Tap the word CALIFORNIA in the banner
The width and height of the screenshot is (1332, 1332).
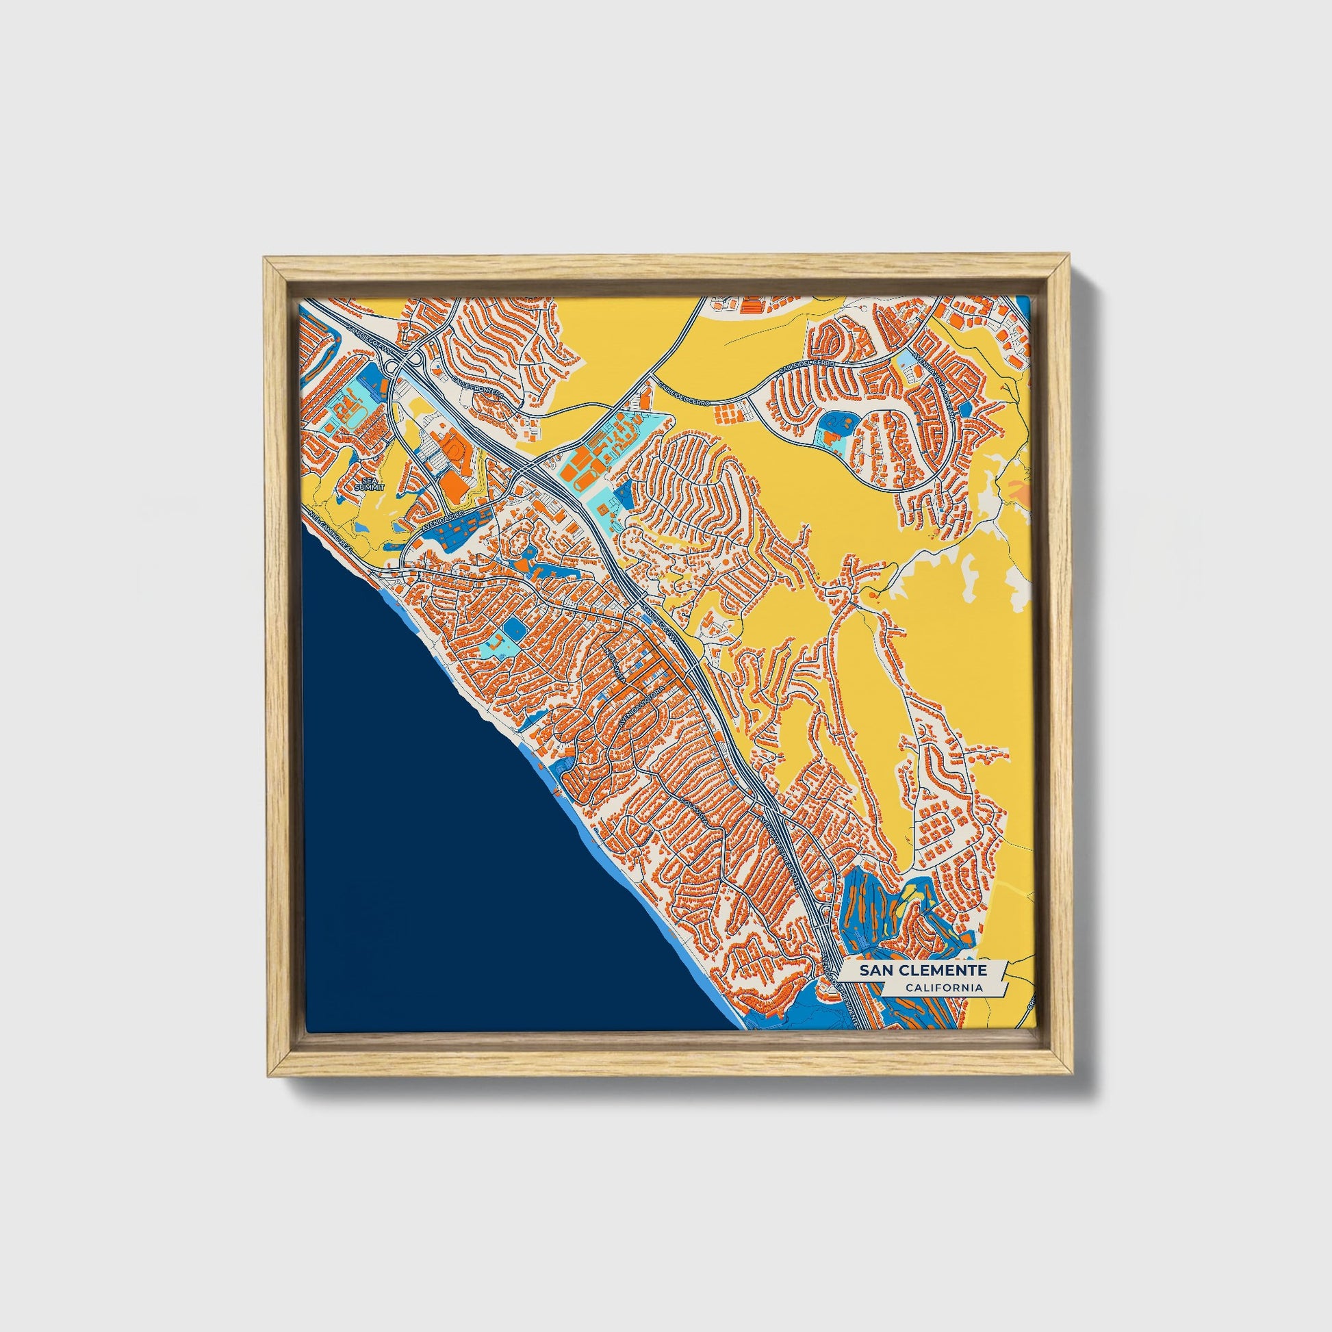(944, 988)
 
